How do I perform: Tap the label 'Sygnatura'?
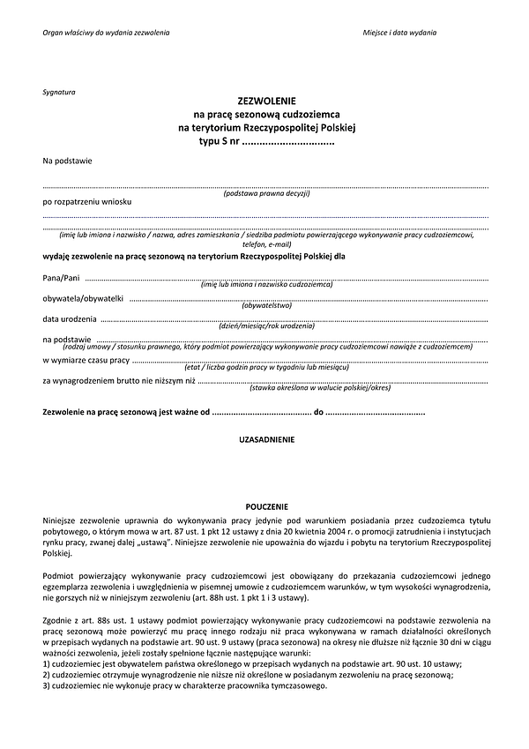[59, 92]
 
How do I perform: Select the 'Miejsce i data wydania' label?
[399, 33]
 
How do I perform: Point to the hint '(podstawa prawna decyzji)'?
[266, 192]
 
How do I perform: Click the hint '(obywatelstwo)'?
[266, 305]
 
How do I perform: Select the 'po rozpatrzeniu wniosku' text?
[86, 202]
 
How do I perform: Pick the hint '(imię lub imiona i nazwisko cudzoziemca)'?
[266, 285]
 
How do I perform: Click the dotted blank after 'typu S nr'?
[287, 141]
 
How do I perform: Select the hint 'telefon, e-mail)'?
[266, 244]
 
